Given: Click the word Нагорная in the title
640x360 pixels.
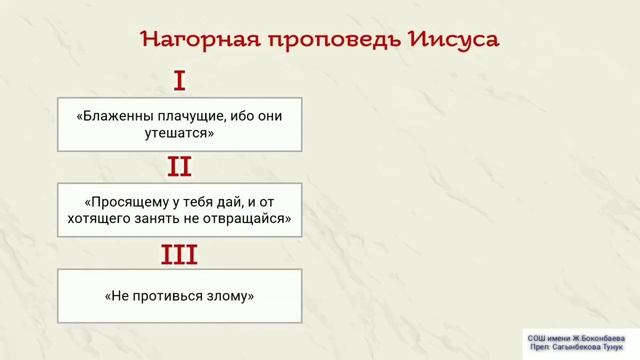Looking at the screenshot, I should click(195, 39).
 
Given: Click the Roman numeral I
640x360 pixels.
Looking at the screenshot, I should click(180, 81).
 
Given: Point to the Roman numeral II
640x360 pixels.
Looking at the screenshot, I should click(180, 166).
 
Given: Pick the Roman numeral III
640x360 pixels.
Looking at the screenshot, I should click(180, 255).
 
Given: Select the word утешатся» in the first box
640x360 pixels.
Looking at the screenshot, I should click(180, 132).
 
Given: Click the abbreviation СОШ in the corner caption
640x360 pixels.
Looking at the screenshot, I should click(537, 339).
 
